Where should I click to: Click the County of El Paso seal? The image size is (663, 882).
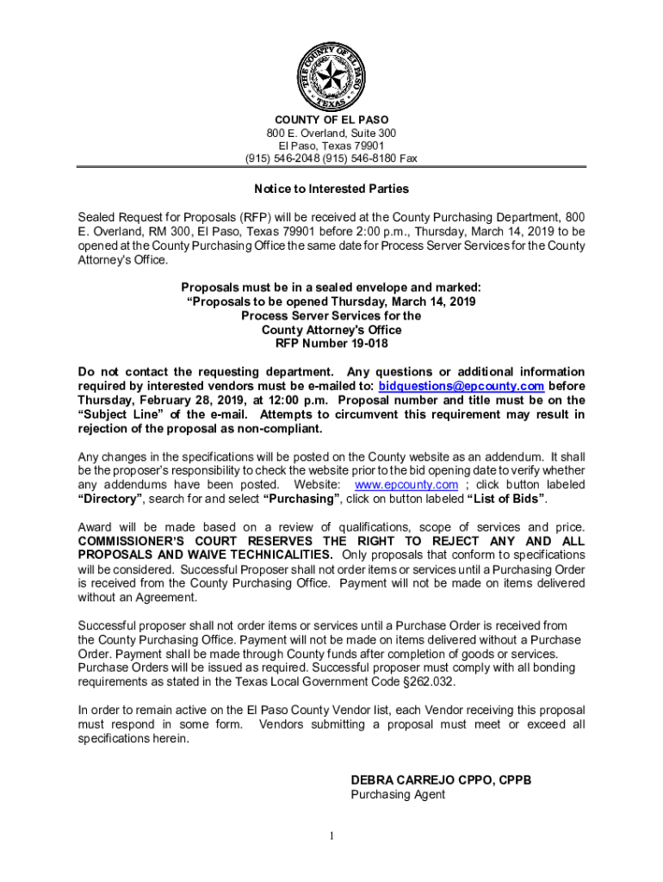click(x=331, y=75)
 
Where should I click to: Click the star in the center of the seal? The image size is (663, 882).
click(x=331, y=75)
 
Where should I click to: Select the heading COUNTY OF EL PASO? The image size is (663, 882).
click(x=331, y=120)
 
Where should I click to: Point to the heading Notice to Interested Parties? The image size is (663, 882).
click(x=331, y=189)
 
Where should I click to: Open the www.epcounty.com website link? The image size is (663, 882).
click(x=406, y=485)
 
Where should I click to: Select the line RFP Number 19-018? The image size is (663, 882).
click(x=331, y=344)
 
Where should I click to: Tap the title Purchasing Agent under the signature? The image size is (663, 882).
click(x=398, y=795)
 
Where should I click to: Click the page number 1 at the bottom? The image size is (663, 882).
click(x=331, y=836)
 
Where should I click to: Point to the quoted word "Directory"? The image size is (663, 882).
click(x=109, y=499)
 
